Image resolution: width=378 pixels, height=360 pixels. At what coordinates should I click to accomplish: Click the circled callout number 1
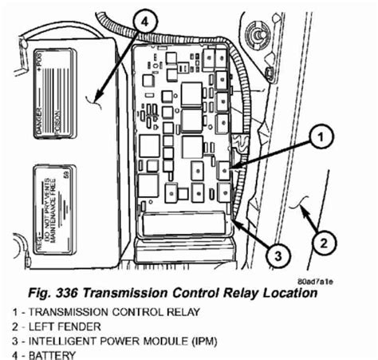[317, 138]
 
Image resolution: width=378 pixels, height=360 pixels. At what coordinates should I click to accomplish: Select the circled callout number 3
[273, 256]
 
